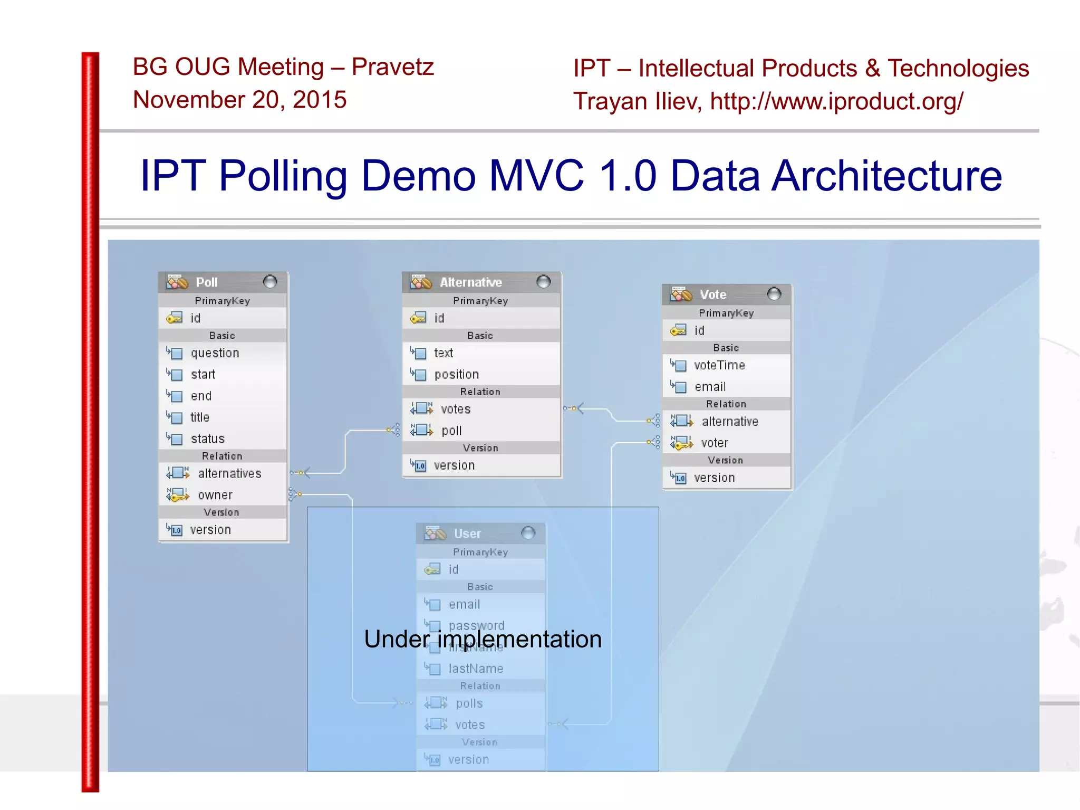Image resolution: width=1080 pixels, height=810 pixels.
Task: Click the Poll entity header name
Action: tap(207, 282)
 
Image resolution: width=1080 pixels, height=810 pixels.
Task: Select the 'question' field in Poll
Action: tap(215, 353)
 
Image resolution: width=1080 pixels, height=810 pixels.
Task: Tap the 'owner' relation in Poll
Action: tap(215, 495)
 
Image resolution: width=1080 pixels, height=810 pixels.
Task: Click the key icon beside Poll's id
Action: tap(175, 318)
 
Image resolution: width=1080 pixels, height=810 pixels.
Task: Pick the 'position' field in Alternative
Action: tap(456, 375)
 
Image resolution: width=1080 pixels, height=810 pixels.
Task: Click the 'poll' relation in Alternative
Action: tap(451, 431)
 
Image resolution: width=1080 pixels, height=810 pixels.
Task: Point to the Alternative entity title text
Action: tap(470, 282)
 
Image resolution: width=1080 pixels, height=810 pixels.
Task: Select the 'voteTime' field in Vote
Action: tap(719, 365)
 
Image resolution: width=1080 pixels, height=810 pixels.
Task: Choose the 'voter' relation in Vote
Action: tap(714, 443)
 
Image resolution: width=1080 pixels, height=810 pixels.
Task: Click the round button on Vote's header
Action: tap(774, 294)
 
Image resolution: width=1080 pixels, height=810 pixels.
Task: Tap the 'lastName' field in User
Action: tap(475, 669)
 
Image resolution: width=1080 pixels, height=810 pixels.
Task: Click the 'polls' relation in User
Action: tap(469, 703)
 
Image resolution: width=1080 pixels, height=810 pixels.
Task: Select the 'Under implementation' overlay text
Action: tap(483, 639)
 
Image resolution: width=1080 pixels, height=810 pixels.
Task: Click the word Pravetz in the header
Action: tap(392, 67)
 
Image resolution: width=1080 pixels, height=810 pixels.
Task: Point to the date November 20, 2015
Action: tap(239, 100)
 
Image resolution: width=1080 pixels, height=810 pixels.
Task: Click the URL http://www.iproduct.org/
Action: tap(836, 101)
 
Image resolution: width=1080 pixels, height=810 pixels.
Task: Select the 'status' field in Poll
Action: tap(207, 439)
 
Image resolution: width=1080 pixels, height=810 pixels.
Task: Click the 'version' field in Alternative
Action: tap(454, 465)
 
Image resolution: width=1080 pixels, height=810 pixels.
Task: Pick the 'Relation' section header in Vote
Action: tap(726, 404)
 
